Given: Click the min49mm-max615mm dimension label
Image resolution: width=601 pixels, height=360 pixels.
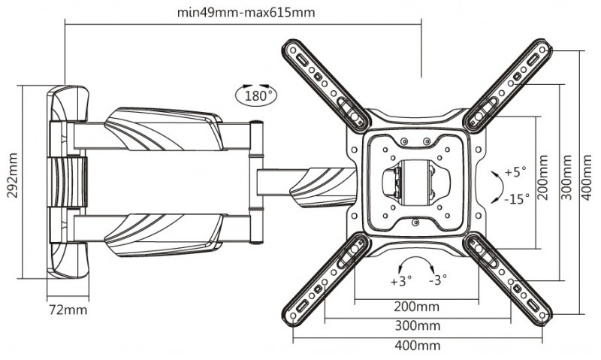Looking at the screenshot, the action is tap(246, 13).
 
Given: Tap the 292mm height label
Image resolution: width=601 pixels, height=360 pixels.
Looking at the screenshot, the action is tap(13, 175).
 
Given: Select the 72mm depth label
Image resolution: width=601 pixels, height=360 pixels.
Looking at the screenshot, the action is tap(68, 310).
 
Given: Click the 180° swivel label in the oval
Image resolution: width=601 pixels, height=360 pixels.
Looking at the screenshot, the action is tap(255, 95).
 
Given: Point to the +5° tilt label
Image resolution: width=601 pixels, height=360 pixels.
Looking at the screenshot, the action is tap(515, 172).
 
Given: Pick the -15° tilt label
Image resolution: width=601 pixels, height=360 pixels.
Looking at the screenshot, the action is tap(516, 198).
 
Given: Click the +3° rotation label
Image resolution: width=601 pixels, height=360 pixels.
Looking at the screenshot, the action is tap(401, 281).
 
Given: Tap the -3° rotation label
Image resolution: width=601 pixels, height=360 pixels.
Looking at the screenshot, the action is tap(438, 280).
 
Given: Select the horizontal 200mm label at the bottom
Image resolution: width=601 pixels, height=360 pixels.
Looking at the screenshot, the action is tap(417, 307).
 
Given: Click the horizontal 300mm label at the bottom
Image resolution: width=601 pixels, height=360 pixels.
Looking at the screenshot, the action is tap(418, 326).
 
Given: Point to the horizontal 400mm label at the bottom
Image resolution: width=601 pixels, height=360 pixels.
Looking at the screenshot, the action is tap(418, 346).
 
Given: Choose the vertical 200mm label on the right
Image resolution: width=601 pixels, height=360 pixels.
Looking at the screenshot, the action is tap(542, 177).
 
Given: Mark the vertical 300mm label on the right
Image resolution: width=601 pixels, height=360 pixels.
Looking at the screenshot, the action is tap(566, 177).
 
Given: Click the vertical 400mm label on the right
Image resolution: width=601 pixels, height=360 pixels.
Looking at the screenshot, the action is tap(587, 177).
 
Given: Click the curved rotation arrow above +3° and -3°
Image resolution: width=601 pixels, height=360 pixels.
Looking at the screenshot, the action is tap(416, 257).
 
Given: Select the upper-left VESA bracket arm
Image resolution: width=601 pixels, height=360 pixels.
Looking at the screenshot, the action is tap(326, 86).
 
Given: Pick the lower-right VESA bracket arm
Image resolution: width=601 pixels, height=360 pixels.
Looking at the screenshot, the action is tap(509, 279).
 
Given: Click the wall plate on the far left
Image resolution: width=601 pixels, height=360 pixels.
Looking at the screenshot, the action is tap(67, 182).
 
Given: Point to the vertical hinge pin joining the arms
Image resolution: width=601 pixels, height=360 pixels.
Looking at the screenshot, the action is tap(256, 183).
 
